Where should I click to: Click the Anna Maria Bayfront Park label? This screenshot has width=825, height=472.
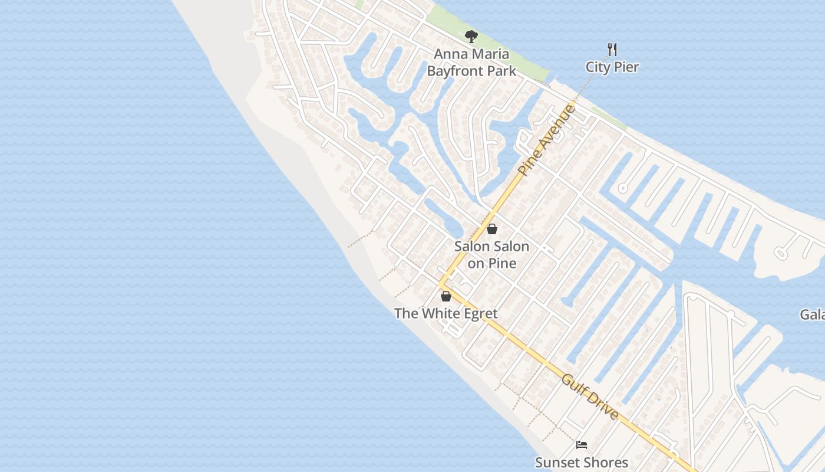(471, 63)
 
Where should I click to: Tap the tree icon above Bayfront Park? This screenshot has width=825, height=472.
(471, 37)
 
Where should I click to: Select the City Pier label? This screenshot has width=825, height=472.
(612, 67)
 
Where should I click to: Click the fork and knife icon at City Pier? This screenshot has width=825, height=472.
(613, 49)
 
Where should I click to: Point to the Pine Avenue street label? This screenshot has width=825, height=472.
(547, 140)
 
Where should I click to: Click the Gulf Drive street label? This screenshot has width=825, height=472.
(590, 397)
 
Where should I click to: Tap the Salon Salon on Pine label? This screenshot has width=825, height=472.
(491, 255)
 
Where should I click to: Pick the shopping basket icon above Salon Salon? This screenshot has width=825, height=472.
(492, 229)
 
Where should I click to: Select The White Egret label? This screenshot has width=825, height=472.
(446, 313)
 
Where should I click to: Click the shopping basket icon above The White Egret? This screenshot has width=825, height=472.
(446, 296)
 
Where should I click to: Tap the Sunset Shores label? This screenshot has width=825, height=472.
(581, 463)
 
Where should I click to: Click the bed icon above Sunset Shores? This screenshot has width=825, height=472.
(582, 445)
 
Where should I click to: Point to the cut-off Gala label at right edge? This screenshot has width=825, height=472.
(812, 314)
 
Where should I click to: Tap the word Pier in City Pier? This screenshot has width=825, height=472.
(626, 67)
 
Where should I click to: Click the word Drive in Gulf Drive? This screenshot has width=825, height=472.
(603, 407)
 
